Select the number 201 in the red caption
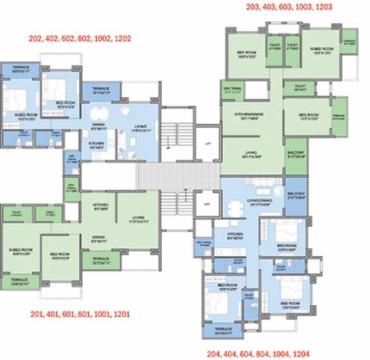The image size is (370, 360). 37,314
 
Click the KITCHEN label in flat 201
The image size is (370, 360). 101,205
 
